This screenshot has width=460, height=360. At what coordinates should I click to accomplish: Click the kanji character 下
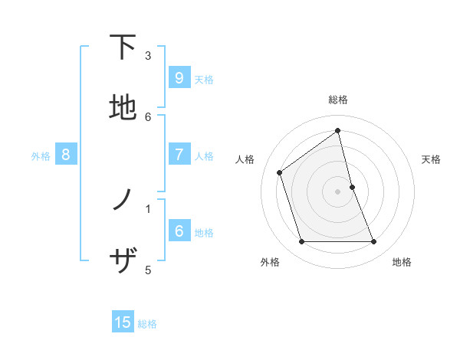[122, 47]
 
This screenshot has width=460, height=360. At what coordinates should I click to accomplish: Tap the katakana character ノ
[122, 201]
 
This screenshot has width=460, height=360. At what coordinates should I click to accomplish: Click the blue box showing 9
[179, 78]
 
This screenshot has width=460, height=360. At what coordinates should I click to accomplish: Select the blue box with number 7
[179, 155]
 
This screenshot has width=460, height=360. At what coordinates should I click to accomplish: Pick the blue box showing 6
[179, 231]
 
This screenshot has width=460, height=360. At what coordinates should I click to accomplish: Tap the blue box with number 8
[66, 155]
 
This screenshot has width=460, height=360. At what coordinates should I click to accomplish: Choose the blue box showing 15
[123, 322]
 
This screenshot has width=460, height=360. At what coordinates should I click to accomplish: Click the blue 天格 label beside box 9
[204, 79]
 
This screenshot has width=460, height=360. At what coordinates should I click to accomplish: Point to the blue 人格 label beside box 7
[204, 155]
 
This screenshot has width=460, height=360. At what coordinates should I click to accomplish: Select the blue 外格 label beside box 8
[41, 155]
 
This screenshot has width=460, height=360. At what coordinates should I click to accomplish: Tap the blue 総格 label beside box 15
[147, 324]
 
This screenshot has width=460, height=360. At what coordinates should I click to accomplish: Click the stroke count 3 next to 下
[148, 56]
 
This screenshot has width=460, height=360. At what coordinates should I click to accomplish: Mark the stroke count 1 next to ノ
[148, 208]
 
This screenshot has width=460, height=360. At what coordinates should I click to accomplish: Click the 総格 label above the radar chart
[338, 100]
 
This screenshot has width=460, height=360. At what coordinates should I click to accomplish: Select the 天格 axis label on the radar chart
[432, 159]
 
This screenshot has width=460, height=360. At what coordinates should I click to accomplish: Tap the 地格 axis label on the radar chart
[402, 262]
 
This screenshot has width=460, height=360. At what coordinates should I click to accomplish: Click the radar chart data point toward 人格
[280, 172]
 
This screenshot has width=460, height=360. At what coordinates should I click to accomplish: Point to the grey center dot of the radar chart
[338, 191]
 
